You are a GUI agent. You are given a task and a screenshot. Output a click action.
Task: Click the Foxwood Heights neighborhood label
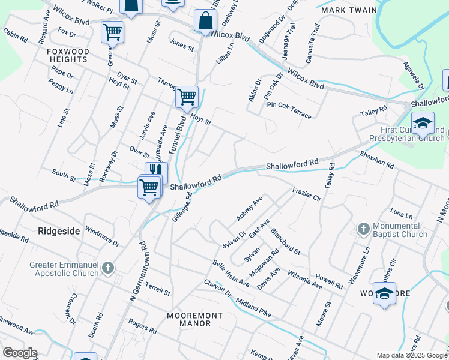68,56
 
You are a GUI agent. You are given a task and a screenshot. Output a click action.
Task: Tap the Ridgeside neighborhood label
59,230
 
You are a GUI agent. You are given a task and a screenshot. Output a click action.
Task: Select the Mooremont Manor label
194,319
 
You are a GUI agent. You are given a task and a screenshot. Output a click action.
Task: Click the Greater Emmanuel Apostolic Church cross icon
107,268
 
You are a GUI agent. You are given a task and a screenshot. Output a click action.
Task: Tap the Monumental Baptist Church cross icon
363,229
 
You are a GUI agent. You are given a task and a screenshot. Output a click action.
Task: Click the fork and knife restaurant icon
155,170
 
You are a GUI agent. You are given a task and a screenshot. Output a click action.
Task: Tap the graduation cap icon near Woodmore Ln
384,293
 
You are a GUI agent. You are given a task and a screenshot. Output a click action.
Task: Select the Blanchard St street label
285,240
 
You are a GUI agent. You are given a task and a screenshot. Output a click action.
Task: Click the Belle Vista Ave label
231,273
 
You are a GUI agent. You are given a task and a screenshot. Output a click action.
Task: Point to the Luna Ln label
401,214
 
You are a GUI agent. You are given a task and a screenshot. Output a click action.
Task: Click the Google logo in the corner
20,353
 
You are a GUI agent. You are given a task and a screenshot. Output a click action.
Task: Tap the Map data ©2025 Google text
411,355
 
